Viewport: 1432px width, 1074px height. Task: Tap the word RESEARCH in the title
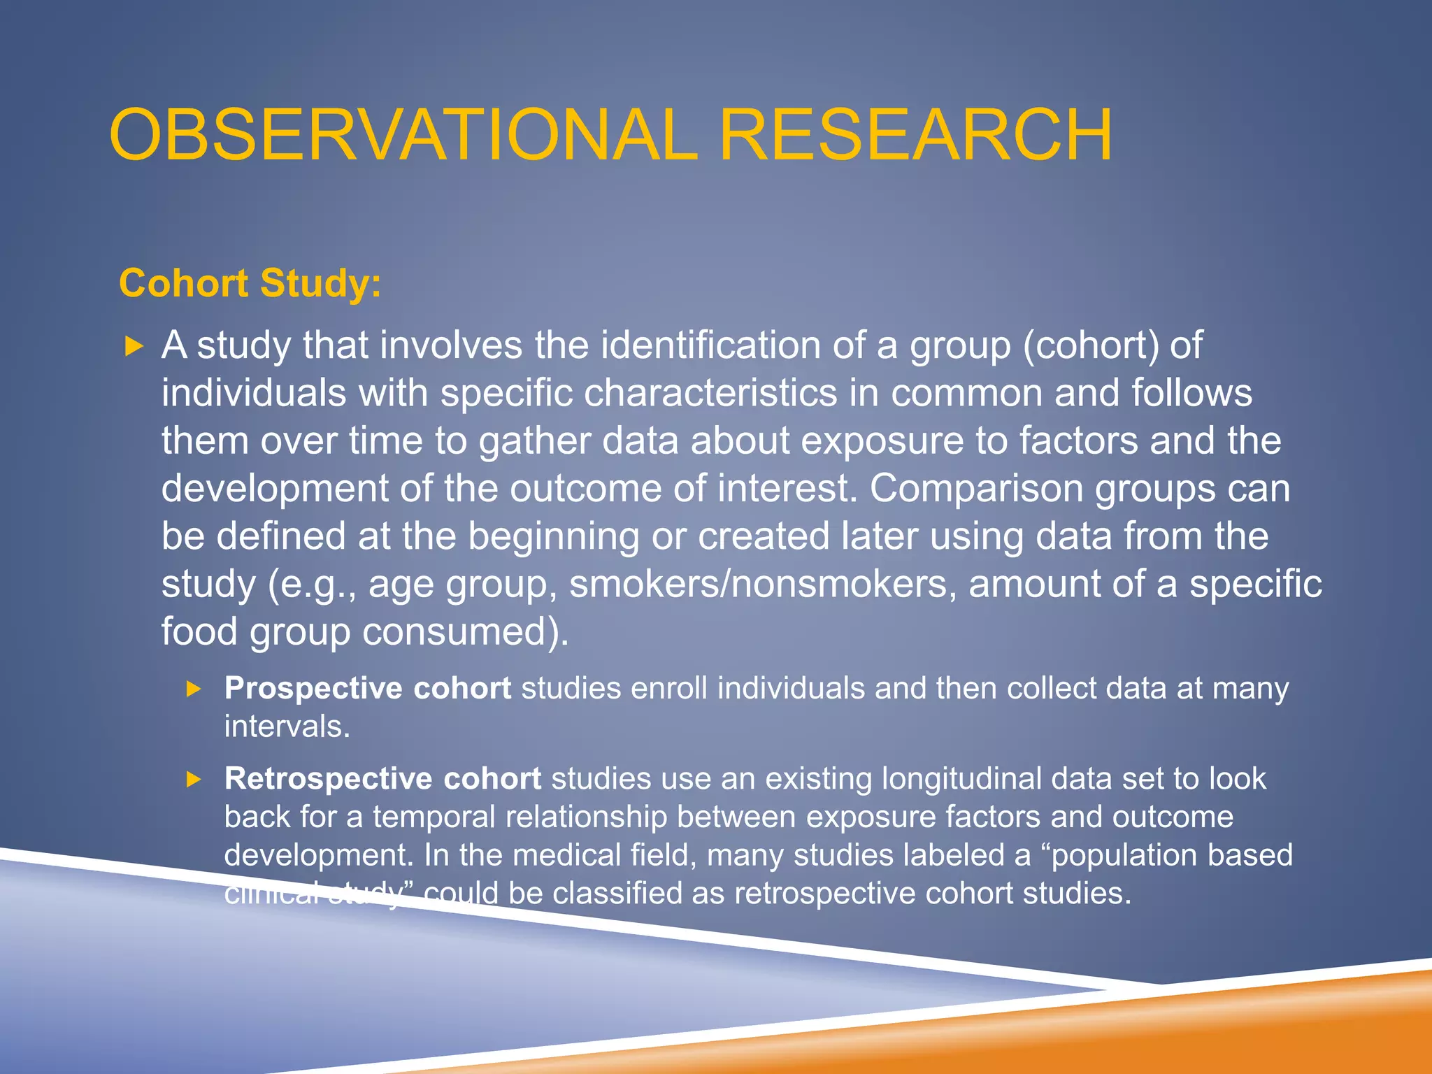[x=915, y=135]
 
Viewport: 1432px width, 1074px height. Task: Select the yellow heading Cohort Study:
[x=250, y=283]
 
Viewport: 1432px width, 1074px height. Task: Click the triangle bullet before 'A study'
[x=134, y=345]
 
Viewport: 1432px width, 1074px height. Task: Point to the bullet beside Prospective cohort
[x=194, y=689]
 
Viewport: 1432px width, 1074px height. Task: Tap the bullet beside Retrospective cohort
[x=194, y=779]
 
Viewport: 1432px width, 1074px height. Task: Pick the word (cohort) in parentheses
[x=1091, y=345]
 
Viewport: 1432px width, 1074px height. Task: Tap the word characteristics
[x=710, y=393]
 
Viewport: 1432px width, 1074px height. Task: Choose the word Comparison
[x=976, y=488]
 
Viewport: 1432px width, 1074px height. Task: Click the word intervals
[x=287, y=726]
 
